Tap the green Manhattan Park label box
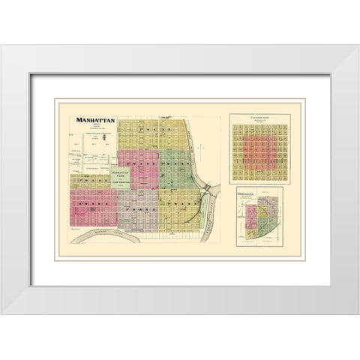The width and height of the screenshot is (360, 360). pos(121,179)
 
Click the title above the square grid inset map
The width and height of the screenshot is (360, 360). pos(257,116)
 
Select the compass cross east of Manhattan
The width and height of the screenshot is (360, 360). pos(201,148)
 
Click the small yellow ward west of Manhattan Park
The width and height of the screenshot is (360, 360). pos(90,180)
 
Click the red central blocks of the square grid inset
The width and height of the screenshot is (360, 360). pos(257,154)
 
